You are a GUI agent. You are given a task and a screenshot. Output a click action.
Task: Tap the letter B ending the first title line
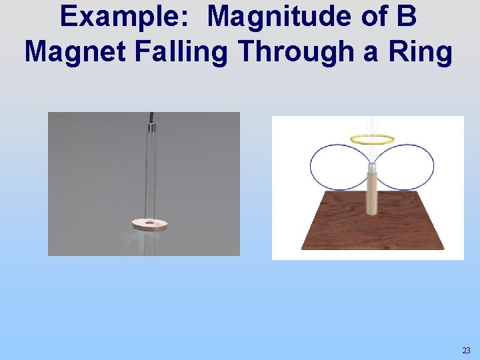(407, 17)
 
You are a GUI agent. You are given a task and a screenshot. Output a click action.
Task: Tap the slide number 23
(465, 350)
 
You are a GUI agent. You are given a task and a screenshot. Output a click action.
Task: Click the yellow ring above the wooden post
(372, 139)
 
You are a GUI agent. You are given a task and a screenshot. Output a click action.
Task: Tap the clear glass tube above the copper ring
(152, 173)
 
